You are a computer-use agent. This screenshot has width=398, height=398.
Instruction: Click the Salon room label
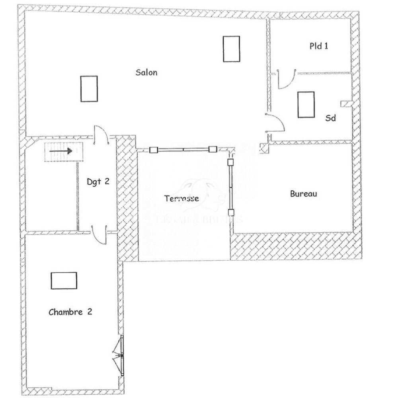pyautogui.click(x=146, y=72)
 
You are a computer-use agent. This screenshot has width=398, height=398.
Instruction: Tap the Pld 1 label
pyautogui.click(x=319, y=46)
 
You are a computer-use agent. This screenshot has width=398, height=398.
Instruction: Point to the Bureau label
pyautogui.click(x=303, y=194)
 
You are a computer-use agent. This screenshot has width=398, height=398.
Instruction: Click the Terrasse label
pyautogui.click(x=181, y=198)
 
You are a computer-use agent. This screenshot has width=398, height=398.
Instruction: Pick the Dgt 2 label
pyautogui.click(x=98, y=181)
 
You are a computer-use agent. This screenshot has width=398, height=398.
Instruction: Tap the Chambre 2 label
pyautogui.click(x=70, y=312)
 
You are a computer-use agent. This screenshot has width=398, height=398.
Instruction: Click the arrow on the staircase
pyautogui.click(x=61, y=151)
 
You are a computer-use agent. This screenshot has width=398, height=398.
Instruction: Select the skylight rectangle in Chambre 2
pyautogui.click(x=64, y=280)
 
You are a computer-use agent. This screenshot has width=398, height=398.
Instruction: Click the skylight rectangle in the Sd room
pyautogui.click(x=306, y=104)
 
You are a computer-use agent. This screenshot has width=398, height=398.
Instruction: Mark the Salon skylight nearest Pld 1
pyautogui.click(x=231, y=49)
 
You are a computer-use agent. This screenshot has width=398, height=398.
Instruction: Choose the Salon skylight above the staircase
pyautogui.click(x=89, y=88)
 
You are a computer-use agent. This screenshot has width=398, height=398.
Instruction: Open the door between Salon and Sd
pyautogui.click(x=276, y=122)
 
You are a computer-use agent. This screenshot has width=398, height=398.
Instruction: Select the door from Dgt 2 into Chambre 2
pyautogui.click(x=99, y=235)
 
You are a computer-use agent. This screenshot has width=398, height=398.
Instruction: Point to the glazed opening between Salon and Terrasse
pyautogui.click(x=183, y=150)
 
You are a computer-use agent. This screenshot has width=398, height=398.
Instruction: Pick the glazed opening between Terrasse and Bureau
pyautogui.click(x=230, y=187)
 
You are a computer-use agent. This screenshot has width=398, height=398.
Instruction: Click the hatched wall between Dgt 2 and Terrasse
pyautogui.click(x=127, y=199)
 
